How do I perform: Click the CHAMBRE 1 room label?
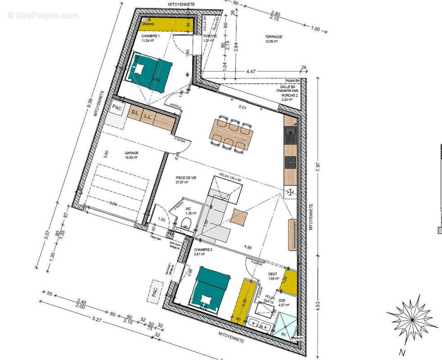[150, 36]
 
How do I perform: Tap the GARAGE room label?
[131, 153]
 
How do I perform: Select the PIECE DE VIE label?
[186, 178]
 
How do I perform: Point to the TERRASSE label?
[273, 37]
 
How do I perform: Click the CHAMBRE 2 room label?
[203, 249]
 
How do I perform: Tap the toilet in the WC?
[186, 224]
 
